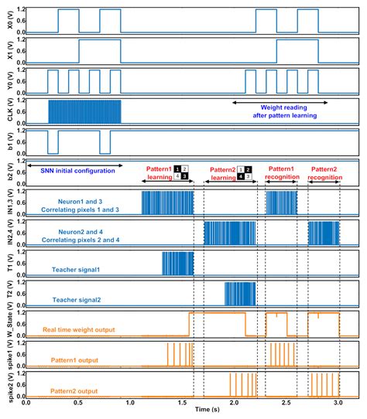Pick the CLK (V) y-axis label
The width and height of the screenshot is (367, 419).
tap(7, 111)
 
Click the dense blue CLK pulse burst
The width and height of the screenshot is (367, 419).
tap(85, 111)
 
